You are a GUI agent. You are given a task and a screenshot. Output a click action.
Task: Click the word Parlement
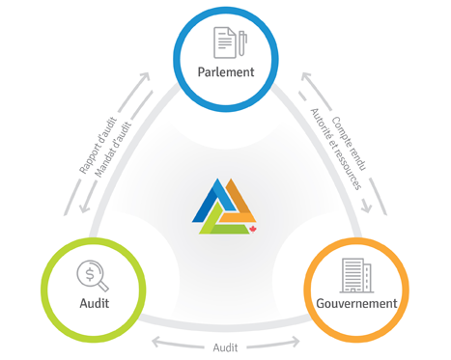click(226, 71)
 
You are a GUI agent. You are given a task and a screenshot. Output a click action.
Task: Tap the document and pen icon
click(230, 42)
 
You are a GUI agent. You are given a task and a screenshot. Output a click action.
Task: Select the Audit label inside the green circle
click(95, 303)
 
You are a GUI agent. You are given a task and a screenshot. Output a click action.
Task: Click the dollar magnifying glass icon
click(93, 276)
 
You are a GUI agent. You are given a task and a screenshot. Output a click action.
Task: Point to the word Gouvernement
click(356, 303)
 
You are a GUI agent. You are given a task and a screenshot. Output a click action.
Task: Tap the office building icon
click(356, 275)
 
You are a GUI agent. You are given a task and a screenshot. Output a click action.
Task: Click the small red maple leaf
click(253, 230)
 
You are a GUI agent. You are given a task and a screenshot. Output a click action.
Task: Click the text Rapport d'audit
click(99, 146)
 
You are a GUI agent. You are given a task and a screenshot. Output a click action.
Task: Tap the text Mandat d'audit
click(113, 150)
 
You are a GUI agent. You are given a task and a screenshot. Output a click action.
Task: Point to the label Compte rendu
click(349, 144)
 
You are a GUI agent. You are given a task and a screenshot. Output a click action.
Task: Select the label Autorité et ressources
click(335, 149)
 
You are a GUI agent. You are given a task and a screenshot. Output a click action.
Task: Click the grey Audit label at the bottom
click(225, 347)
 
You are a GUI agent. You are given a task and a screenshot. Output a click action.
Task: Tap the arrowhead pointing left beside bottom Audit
click(156, 342)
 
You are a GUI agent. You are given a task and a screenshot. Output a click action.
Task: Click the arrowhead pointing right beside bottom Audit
click(295, 342)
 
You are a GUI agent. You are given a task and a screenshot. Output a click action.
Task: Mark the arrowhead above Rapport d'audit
click(145, 77)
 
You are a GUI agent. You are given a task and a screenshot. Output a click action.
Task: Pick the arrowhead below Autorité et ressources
click(366, 207)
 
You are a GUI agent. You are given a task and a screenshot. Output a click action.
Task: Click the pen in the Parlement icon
click(242, 42)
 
